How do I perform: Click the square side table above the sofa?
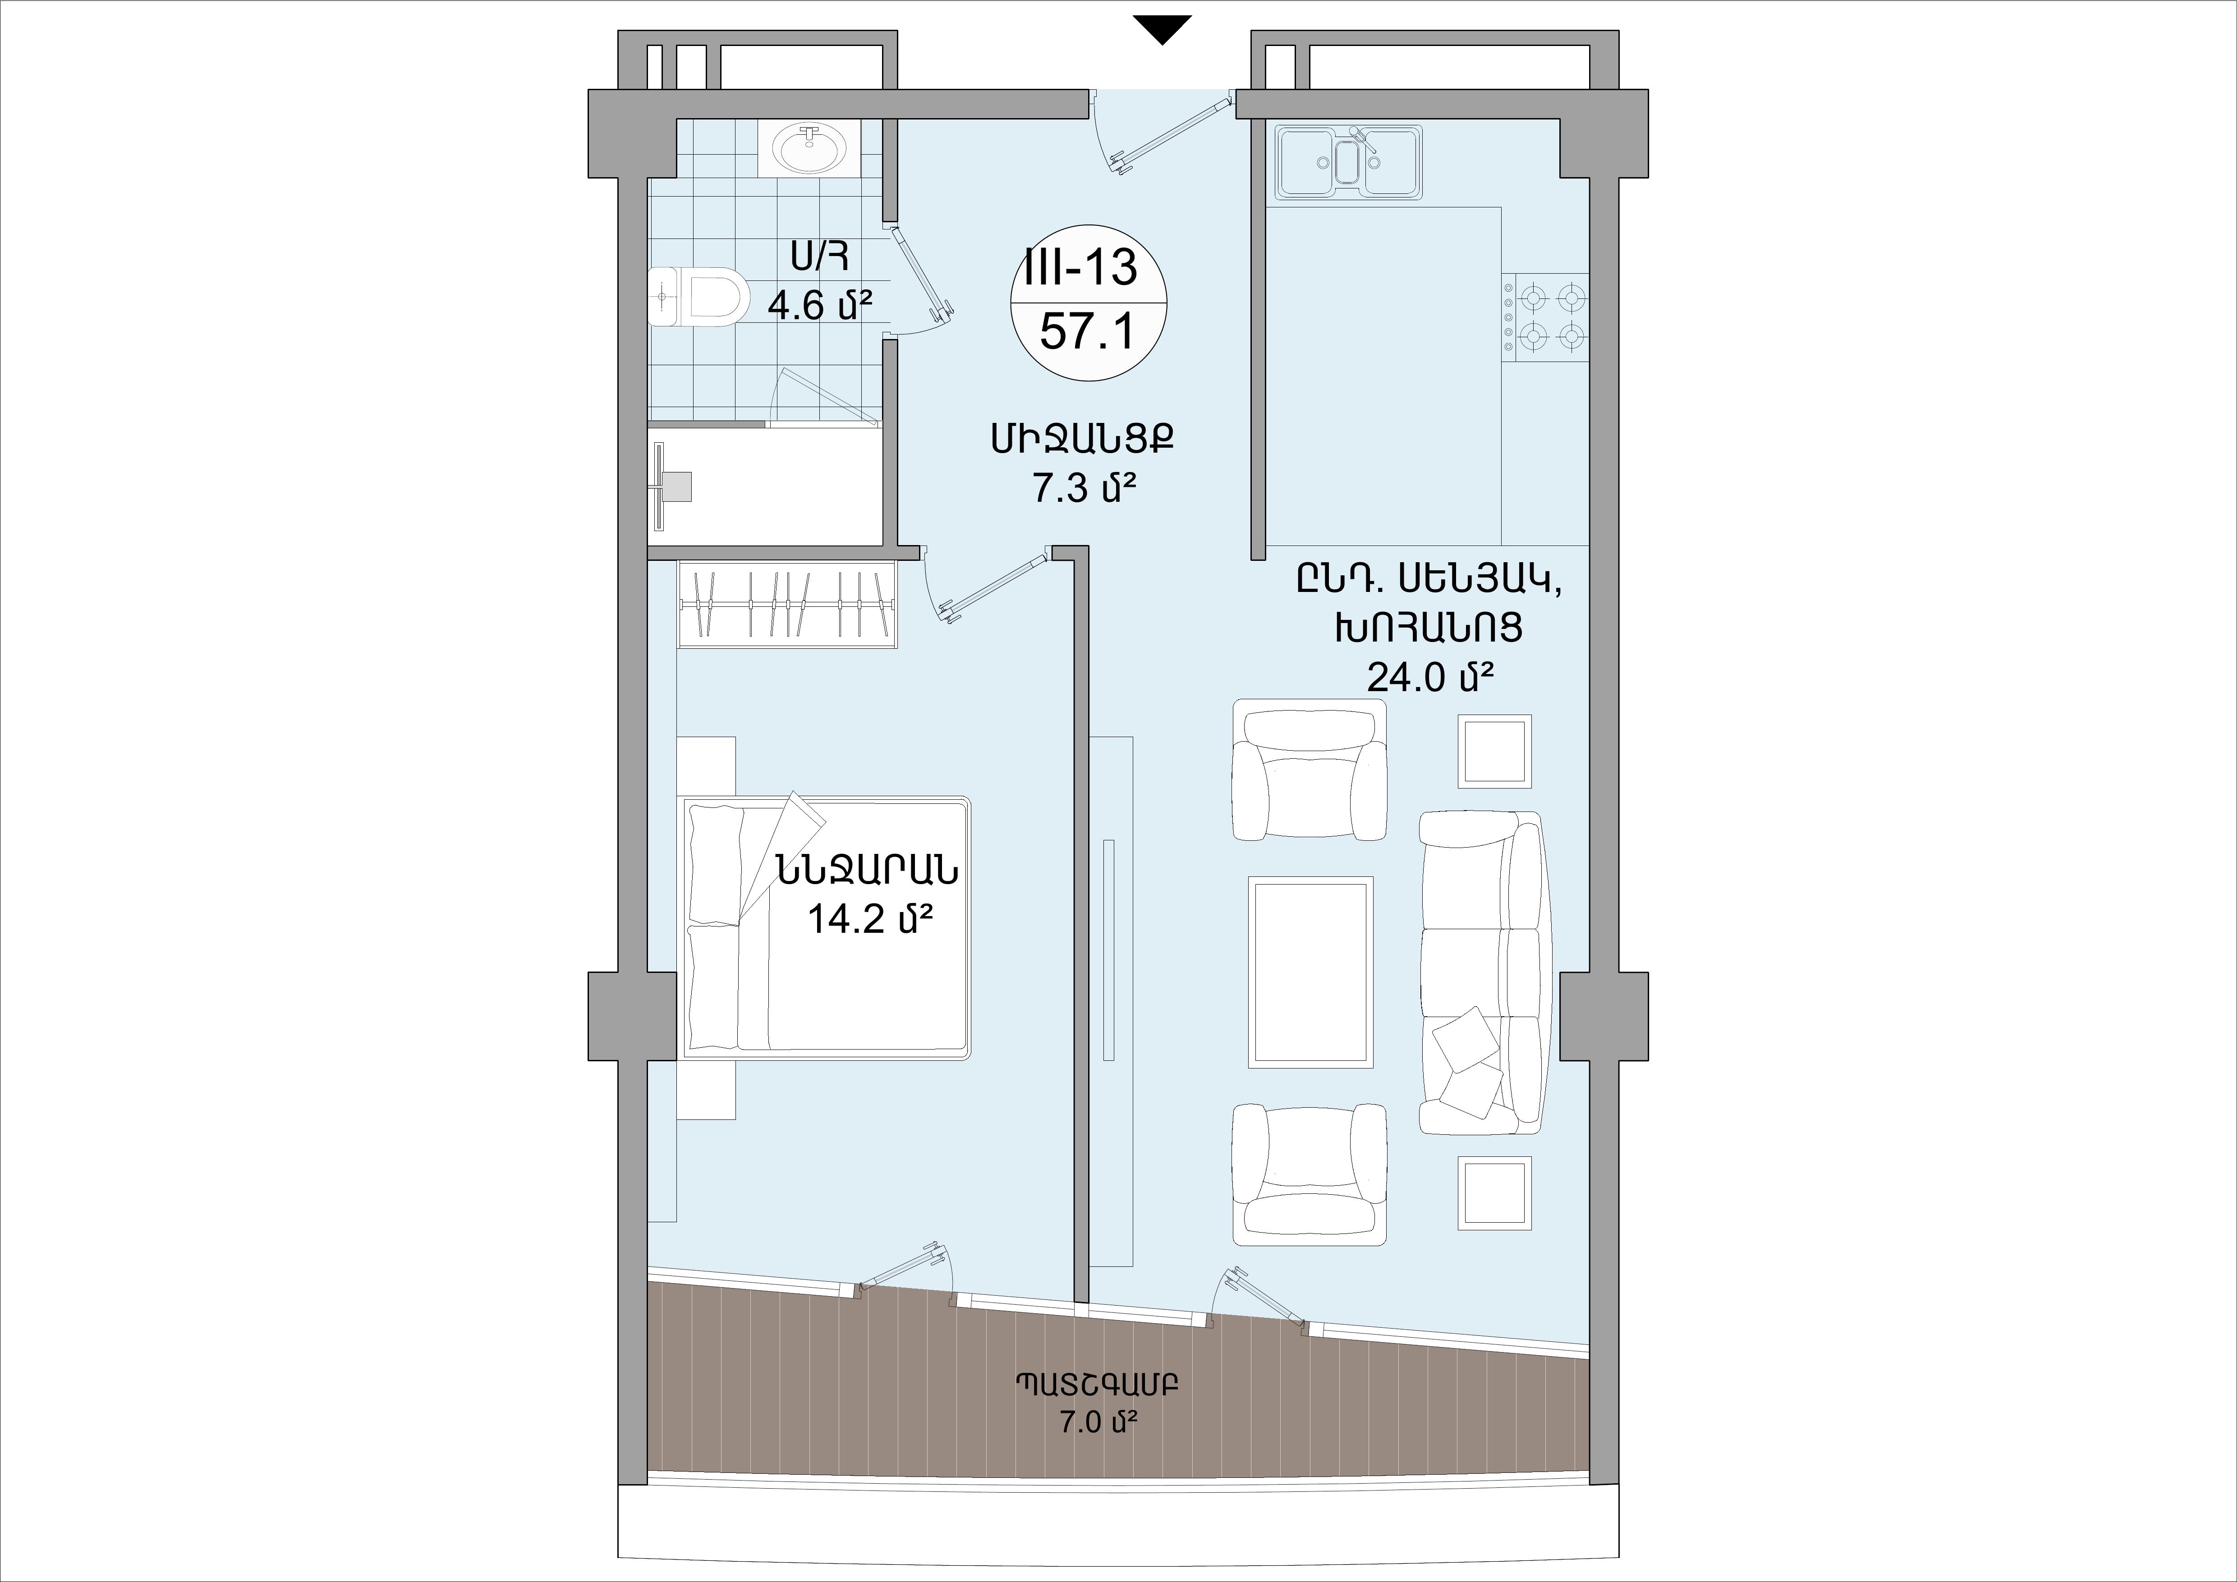point(1494,751)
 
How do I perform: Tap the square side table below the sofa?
point(1494,1193)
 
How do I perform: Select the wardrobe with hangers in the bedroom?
point(788,604)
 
